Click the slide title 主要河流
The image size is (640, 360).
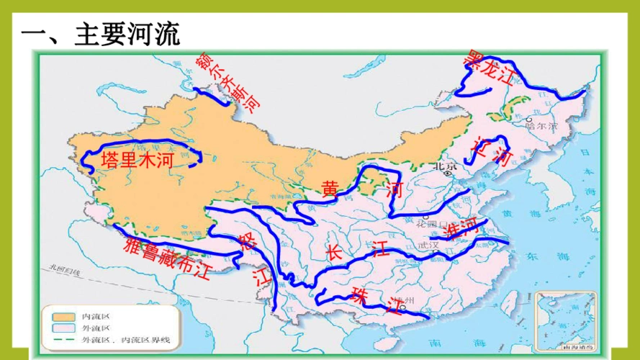(x=101, y=33)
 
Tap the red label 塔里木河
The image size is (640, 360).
(x=137, y=161)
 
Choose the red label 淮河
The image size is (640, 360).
(x=461, y=228)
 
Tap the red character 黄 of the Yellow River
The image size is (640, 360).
(x=330, y=189)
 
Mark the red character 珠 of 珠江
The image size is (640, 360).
(x=359, y=294)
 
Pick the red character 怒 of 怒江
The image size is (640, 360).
(x=247, y=242)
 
